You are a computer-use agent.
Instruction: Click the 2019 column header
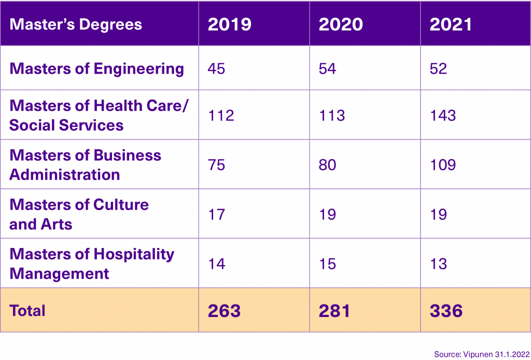229,24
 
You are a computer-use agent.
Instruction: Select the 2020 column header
340,24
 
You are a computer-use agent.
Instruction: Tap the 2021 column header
451,24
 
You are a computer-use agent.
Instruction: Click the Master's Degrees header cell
76,24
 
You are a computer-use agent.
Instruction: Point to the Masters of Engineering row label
97,68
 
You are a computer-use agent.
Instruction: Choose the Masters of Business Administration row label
86,165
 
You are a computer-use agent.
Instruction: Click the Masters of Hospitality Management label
92,264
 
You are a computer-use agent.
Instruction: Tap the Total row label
27,311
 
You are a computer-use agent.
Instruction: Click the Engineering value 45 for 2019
216,68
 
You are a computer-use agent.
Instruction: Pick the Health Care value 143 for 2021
443,115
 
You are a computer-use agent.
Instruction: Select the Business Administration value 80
328,165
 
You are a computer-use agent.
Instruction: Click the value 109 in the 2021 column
443,165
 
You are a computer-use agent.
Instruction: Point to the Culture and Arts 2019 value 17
216,214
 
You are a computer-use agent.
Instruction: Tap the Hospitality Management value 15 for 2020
327,264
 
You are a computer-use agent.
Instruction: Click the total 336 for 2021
446,311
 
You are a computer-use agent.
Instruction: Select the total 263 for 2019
224,311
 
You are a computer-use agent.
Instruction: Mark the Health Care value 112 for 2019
221,115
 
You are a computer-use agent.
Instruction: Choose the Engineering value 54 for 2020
327,68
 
